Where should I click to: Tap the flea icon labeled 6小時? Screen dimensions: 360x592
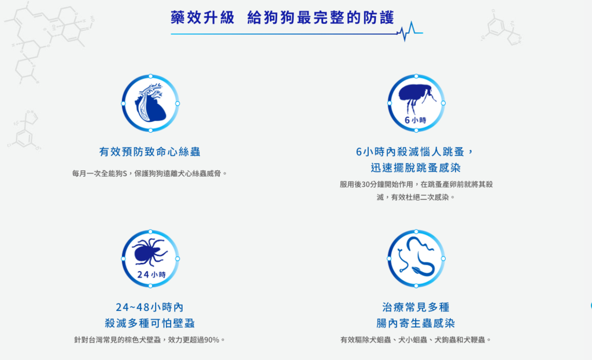(416, 102)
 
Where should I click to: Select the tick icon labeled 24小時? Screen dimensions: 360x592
(150, 258)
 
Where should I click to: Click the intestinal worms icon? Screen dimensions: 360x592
(416, 258)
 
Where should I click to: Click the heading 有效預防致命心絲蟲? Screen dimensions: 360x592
(150, 152)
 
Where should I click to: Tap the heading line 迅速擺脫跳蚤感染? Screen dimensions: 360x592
(416, 168)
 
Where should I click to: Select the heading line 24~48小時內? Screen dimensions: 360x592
(150, 307)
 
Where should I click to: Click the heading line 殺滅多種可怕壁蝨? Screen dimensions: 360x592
(150, 323)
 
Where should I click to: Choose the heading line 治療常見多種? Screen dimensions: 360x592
(416, 307)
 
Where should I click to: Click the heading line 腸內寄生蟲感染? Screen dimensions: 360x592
(416, 323)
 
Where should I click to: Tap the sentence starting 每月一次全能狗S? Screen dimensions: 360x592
(150, 173)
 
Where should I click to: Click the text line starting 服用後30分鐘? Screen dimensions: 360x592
(416, 184)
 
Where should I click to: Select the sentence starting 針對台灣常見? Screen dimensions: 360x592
(150, 340)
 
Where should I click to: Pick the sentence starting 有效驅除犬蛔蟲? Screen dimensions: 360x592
(416, 340)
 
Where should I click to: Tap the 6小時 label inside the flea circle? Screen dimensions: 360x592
(416, 120)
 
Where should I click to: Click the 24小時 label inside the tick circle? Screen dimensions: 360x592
(151, 274)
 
